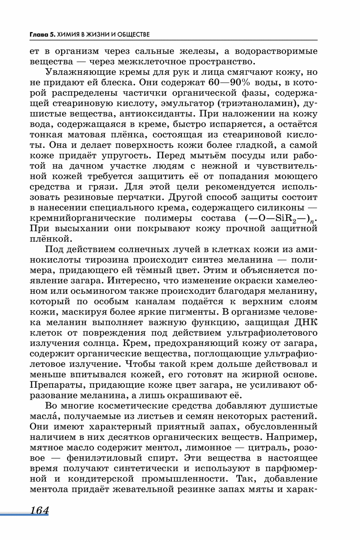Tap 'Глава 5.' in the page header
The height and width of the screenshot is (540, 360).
pos(42,34)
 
